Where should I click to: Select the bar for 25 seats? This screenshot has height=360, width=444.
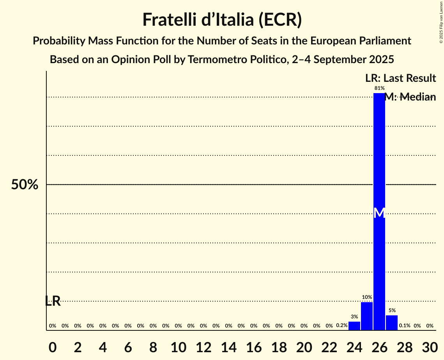click(367, 316)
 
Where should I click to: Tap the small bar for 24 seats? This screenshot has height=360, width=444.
click(354, 326)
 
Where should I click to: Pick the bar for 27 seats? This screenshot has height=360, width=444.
click(392, 323)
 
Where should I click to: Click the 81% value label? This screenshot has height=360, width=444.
click(379, 88)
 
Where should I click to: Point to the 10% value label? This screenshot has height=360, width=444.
click(367, 297)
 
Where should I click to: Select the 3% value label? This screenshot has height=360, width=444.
click(354, 317)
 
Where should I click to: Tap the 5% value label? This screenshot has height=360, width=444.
click(392, 311)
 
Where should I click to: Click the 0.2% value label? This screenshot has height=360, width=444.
click(342, 325)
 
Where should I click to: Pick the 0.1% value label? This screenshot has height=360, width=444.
click(405, 326)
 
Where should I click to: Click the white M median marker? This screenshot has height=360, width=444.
click(379, 213)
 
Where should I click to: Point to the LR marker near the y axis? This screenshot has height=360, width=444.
click(53, 301)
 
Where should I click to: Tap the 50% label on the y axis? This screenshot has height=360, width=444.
click(25, 185)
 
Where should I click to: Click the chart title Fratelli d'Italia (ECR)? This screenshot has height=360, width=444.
click(222, 19)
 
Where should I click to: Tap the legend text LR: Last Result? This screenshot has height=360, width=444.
click(400, 78)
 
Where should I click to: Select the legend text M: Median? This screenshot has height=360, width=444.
click(410, 97)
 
